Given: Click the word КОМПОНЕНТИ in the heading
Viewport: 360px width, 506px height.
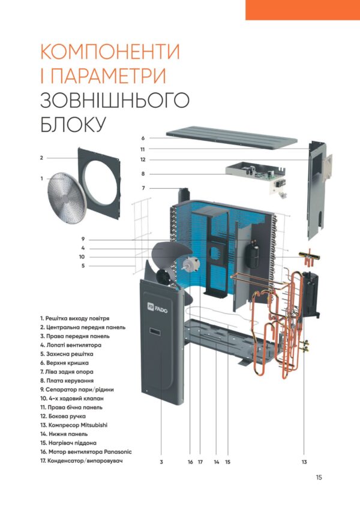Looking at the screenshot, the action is [110, 52].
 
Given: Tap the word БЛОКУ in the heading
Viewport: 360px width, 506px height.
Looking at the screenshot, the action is [73, 124].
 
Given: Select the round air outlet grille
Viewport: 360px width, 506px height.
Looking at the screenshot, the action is [66, 198].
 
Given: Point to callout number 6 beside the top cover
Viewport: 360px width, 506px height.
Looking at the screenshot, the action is [143, 138].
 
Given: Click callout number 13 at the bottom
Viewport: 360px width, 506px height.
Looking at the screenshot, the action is [304, 462].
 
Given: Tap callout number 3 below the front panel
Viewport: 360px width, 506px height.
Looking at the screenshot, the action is [161, 462].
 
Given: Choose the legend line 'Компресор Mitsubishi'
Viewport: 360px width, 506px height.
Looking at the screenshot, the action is [74, 425].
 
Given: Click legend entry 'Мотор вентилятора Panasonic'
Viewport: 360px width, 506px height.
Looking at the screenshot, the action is [86, 452].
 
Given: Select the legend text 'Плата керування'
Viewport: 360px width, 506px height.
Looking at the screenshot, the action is [67, 381].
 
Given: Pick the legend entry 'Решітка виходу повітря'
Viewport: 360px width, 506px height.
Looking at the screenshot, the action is [75, 318].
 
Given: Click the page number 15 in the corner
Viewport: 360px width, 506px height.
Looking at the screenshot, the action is [319, 477].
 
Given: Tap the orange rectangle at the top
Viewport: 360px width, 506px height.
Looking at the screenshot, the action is [302, 10].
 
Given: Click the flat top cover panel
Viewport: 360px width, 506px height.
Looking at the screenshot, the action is [232, 138].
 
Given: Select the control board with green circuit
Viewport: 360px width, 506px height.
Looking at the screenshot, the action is [256, 177].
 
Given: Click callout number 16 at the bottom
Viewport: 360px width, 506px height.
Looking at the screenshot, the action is [190, 462].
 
